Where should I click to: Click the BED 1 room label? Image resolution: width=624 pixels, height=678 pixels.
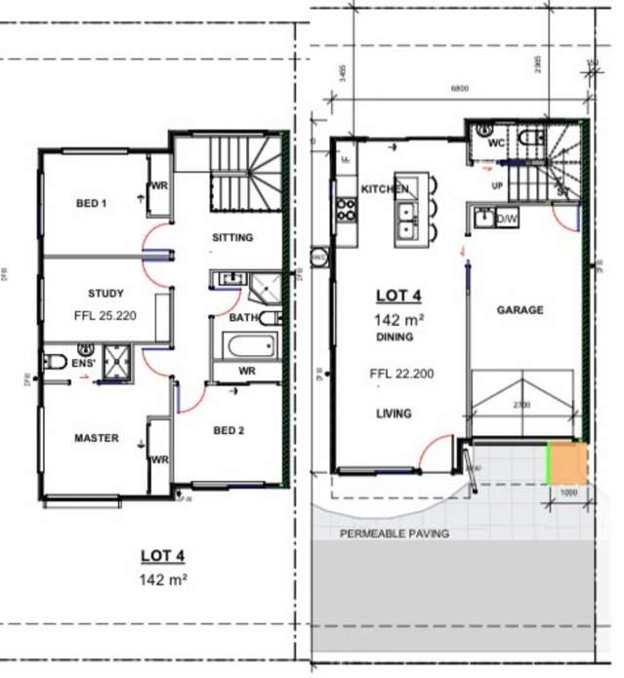pyautogui.click(x=91, y=204)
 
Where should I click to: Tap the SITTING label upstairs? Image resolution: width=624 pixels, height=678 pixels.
pyautogui.click(x=232, y=237)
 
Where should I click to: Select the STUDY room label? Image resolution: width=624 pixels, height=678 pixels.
pyautogui.click(x=105, y=293)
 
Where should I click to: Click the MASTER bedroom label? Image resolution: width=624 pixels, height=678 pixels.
pyautogui.click(x=97, y=438)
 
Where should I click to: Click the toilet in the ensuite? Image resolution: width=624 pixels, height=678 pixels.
pyautogui.click(x=55, y=363)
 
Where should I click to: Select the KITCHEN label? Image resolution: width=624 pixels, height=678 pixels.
pyautogui.click(x=384, y=188)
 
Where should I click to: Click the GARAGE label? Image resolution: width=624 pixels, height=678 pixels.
pyautogui.click(x=520, y=310)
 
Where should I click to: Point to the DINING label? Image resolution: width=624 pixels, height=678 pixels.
pyautogui.click(x=393, y=337)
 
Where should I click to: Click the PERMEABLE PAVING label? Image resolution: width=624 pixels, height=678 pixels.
pyautogui.click(x=394, y=534)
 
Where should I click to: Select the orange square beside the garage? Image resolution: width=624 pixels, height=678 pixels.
pyautogui.click(x=567, y=463)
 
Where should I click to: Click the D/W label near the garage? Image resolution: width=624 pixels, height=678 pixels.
pyautogui.click(x=507, y=219)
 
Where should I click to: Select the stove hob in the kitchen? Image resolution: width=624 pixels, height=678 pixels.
pyautogui.click(x=345, y=208)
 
